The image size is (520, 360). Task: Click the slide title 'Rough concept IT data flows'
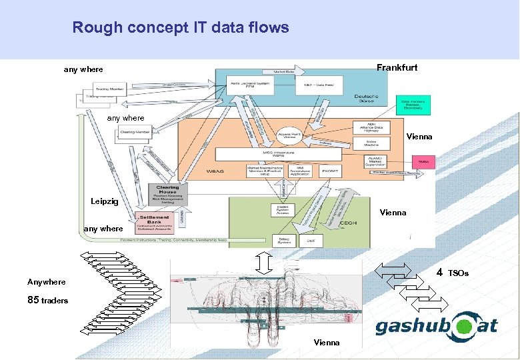[x=181, y=28]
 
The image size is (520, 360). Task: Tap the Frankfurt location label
[x=397, y=68]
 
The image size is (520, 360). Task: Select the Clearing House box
[x=167, y=194]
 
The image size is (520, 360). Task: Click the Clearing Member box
[x=135, y=132]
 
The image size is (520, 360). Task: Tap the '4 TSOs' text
[x=452, y=273]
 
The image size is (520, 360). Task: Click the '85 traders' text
[x=47, y=300]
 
